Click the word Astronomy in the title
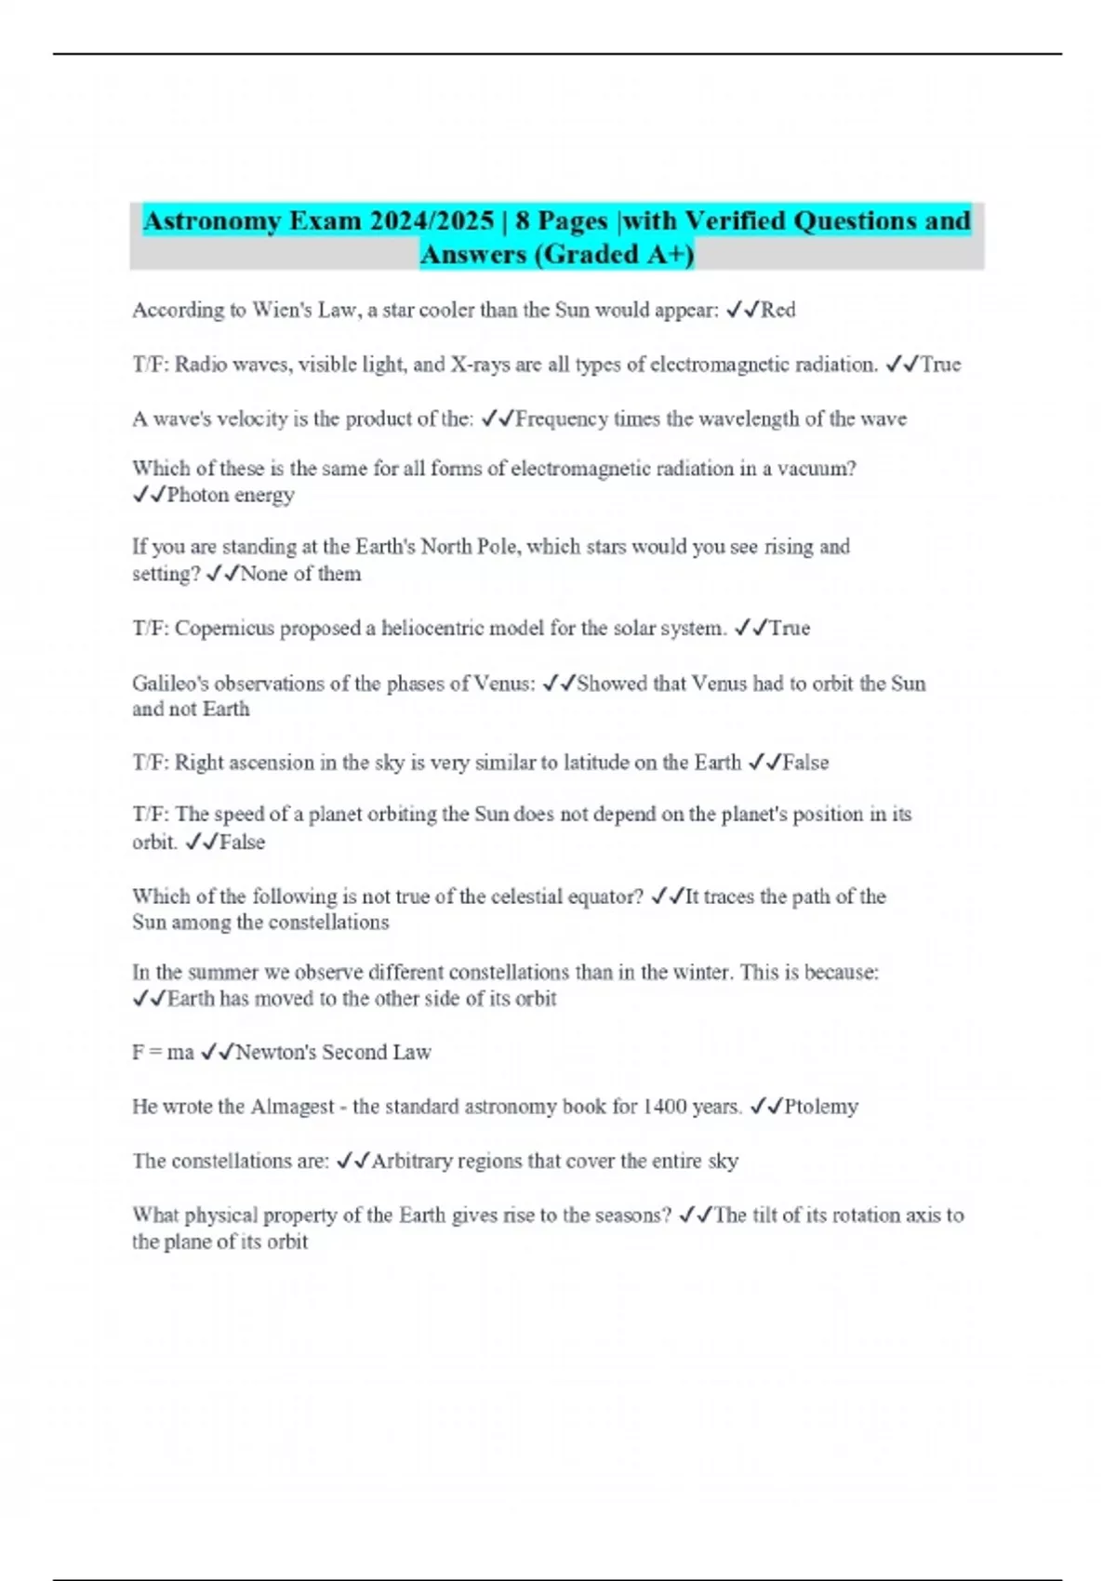(x=211, y=221)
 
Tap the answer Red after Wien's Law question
(x=778, y=310)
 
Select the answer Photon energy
(x=231, y=495)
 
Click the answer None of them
(x=300, y=574)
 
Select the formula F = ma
(x=163, y=1053)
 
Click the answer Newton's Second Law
(x=333, y=1053)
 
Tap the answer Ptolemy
(x=821, y=1107)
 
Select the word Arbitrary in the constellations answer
(x=406, y=1162)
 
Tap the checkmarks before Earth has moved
(x=149, y=999)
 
